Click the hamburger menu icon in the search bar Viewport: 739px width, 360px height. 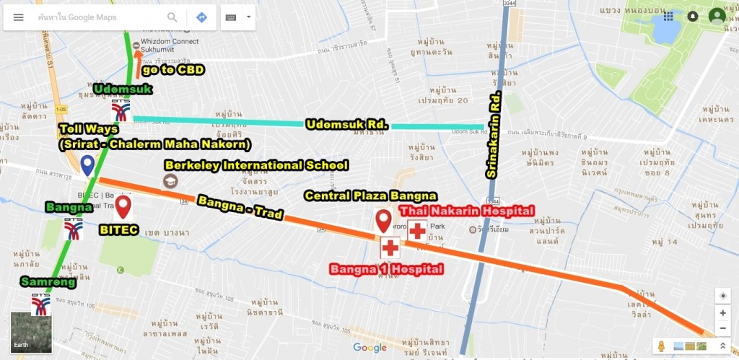pos(19,17)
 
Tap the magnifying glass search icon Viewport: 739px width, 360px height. pos(172,17)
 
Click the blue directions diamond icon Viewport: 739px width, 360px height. pos(201,17)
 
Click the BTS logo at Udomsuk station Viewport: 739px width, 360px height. pos(121,110)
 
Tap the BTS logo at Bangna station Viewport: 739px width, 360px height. pos(74,228)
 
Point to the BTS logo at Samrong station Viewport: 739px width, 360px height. pos(40,304)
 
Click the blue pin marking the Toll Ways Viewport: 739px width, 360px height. pos(87,165)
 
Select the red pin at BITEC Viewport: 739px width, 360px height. pos(123,206)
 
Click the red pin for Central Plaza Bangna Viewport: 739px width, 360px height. pos(383,219)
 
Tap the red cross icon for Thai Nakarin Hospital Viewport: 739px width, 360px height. pos(418,231)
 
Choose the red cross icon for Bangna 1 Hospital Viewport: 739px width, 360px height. pos(390,248)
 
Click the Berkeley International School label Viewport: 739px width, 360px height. pos(256,165)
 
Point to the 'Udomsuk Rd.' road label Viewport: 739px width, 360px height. pos(347,125)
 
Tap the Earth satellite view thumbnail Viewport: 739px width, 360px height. pos(31,332)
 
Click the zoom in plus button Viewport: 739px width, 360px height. pos(722,313)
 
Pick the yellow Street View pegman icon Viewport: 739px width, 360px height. pos(660,346)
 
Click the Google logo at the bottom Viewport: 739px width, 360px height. pos(369,348)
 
